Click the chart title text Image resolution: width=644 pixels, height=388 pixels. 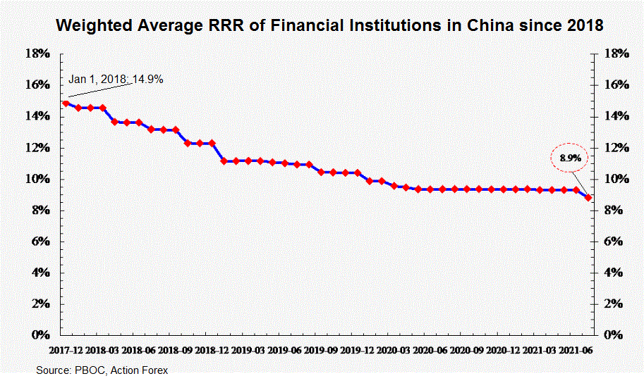coord(329,25)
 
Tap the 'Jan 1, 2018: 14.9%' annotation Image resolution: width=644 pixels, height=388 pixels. coord(116,80)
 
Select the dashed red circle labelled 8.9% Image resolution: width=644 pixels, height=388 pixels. coord(570,158)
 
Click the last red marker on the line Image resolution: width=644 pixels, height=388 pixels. coord(588,198)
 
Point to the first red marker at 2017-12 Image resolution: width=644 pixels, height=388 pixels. coord(66,104)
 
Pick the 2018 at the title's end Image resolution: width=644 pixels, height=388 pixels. coord(585,25)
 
